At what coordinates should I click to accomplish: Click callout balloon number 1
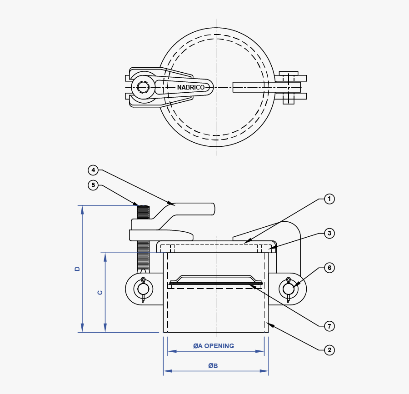(x=329, y=199)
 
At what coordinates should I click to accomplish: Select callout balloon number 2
(x=329, y=350)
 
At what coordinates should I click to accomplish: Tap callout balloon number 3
(x=329, y=234)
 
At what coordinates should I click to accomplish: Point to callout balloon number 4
(x=93, y=170)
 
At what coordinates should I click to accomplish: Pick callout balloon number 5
(x=93, y=185)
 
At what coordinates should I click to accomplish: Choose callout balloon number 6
(x=329, y=268)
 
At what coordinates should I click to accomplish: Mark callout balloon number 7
(x=329, y=326)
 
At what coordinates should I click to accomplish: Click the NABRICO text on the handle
(x=190, y=87)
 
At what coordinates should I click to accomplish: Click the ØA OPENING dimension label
(x=214, y=346)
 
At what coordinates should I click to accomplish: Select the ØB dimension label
(x=213, y=366)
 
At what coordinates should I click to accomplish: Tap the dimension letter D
(x=77, y=269)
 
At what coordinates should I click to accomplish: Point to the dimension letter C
(x=100, y=292)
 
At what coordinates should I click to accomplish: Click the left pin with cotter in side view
(x=143, y=289)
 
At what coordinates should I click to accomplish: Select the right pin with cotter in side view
(x=289, y=289)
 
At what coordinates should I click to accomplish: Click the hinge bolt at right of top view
(x=289, y=87)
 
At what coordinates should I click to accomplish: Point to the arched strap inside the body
(x=216, y=277)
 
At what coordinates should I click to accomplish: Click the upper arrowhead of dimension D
(x=82, y=209)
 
